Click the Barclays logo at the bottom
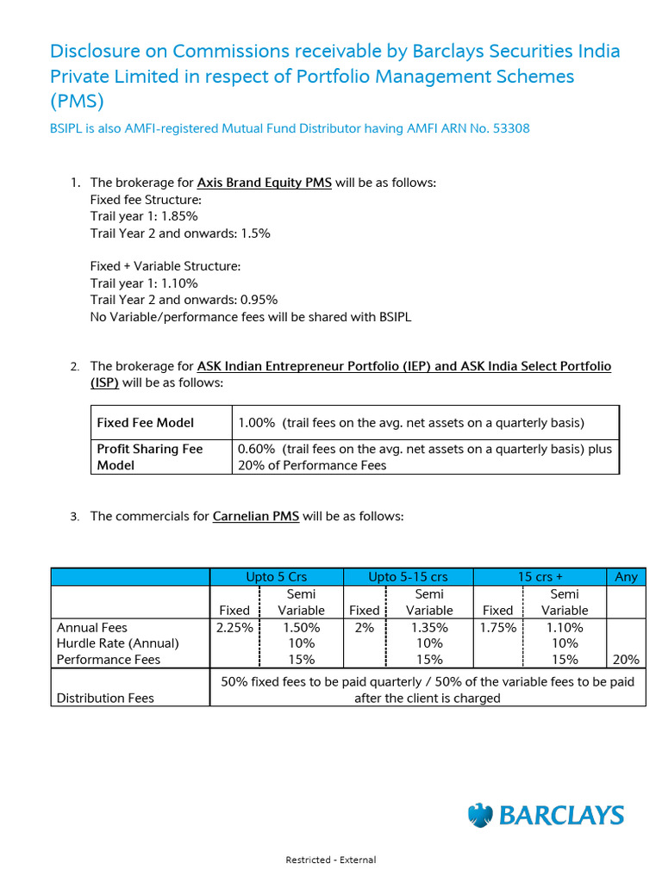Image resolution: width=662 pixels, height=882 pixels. [546, 815]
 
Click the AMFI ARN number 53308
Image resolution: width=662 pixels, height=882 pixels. [511, 128]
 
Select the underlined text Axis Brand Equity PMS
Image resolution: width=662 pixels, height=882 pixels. [264, 183]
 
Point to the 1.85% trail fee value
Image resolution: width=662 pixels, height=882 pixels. [179, 216]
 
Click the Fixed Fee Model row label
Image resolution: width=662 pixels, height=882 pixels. [145, 423]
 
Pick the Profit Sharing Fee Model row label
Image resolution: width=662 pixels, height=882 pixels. [149, 457]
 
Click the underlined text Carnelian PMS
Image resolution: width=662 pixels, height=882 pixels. [255, 517]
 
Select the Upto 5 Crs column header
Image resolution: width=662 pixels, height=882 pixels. [277, 577]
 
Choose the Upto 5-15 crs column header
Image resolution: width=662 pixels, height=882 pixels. [408, 577]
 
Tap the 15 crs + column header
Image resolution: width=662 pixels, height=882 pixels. [540, 577]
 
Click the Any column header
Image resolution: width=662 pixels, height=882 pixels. [626, 577]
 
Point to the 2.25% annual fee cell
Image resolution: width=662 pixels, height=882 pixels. [234, 628]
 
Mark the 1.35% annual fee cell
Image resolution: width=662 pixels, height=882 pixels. [429, 628]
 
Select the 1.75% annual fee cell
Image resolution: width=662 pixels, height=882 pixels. [498, 628]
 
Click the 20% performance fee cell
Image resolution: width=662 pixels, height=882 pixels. [627, 660]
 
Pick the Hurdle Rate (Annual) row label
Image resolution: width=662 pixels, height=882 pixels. [117, 643]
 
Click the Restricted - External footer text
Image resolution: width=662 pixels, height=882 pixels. [331, 860]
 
